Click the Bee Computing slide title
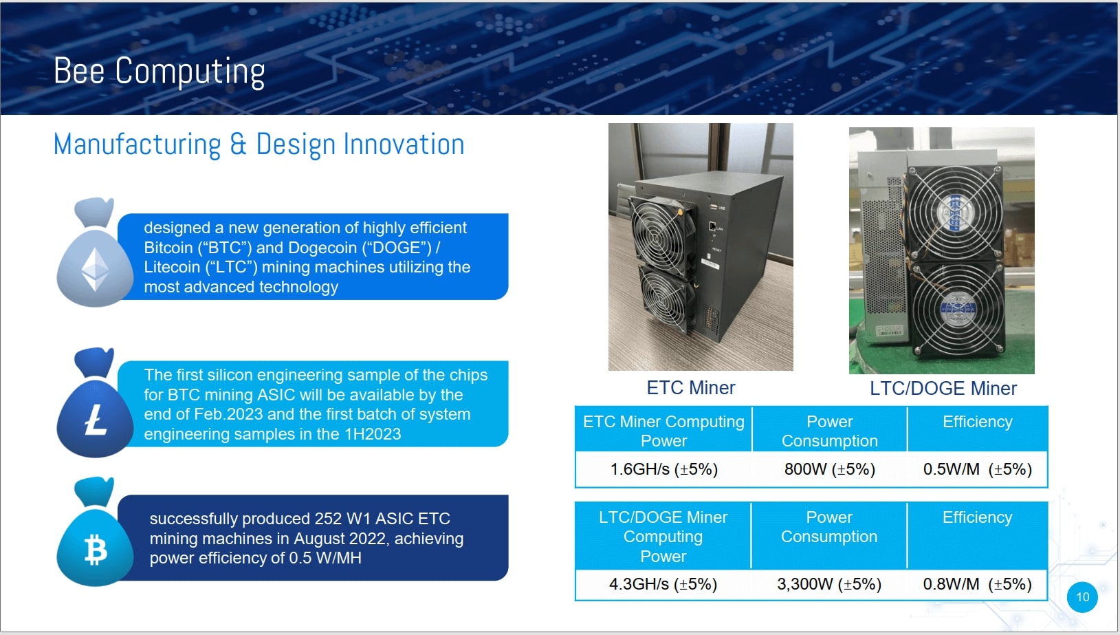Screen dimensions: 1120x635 coord(159,72)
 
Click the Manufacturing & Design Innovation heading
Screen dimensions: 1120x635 coord(259,144)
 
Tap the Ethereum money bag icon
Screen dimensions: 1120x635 coord(95,252)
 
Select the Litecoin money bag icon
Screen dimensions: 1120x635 coord(95,402)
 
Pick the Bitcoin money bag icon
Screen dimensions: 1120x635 coord(95,531)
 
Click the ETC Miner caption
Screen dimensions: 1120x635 coord(690,388)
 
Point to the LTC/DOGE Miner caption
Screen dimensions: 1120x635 coord(943,388)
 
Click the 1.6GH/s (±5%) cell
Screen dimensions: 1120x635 coord(663,469)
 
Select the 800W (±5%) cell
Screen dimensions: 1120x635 coord(829,469)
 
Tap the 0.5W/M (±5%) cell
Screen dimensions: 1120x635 coord(978,469)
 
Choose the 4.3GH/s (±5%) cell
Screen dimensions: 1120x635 coord(663,584)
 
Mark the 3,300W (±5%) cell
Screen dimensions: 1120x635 coord(829,584)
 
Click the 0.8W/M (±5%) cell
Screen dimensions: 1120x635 coord(978,584)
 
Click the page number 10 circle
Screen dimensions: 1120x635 coord(1082,597)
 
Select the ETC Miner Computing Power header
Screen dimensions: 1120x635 coord(663,431)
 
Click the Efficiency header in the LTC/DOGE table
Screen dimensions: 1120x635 coord(978,517)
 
